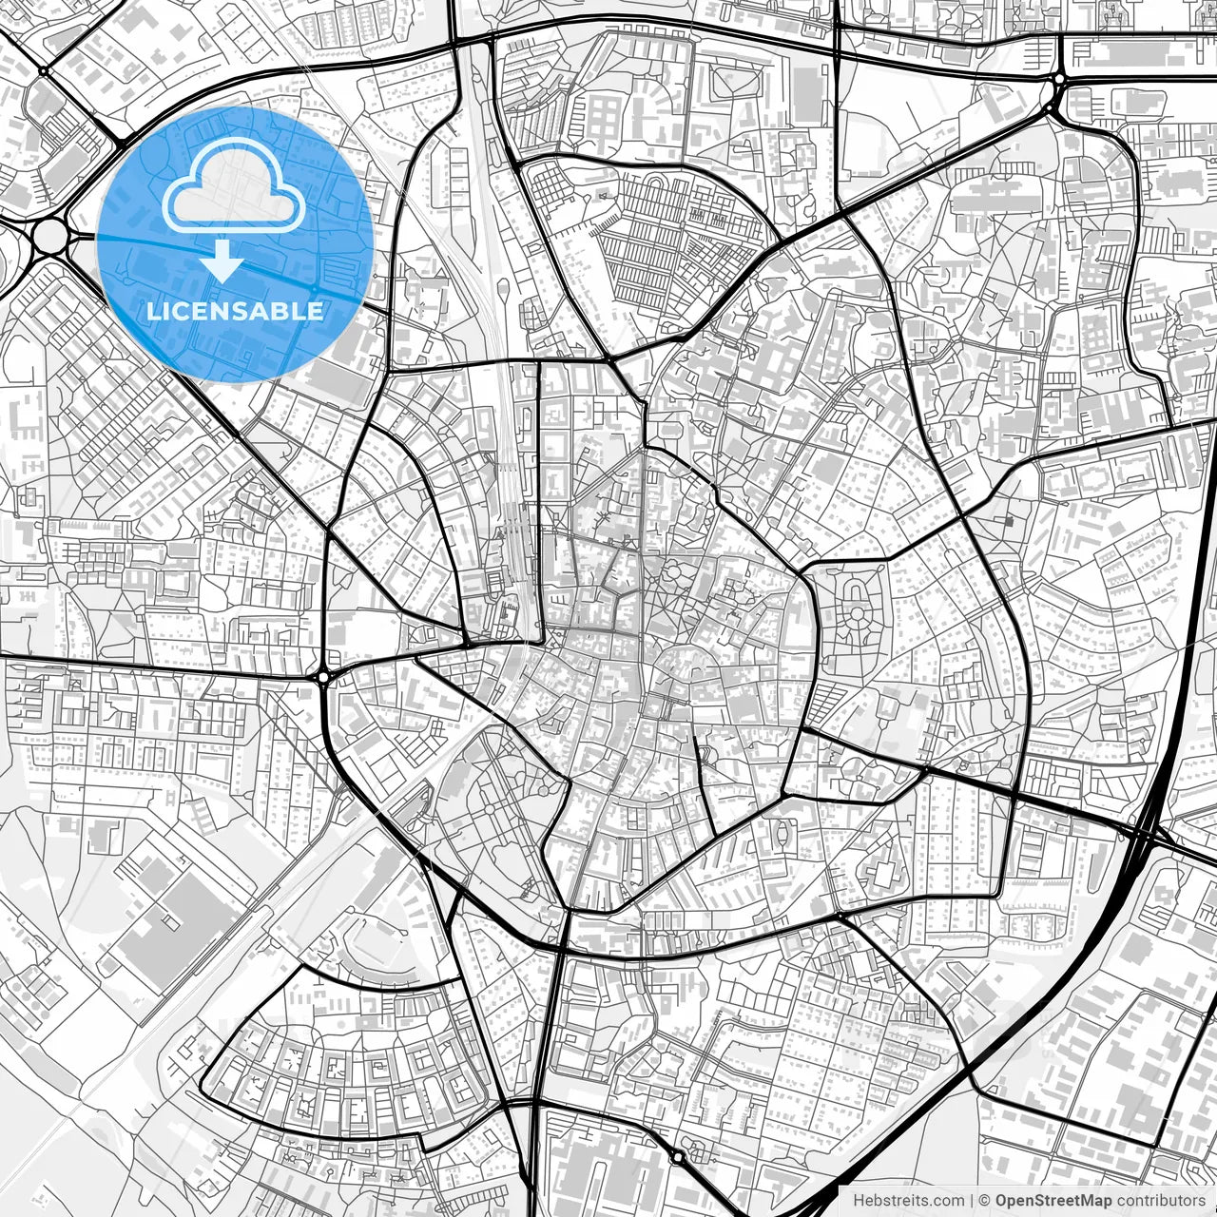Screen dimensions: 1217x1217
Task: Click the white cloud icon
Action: click(x=234, y=185)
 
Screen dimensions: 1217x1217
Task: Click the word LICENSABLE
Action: click(x=235, y=311)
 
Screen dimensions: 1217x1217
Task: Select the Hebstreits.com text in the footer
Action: click(x=908, y=1201)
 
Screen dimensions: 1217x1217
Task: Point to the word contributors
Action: click(x=1161, y=1201)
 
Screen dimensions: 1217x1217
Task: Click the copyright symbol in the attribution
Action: click(x=986, y=1201)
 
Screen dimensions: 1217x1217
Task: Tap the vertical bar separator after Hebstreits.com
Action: click(x=972, y=1201)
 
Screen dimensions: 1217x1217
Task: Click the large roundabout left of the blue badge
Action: click(x=48, y=233)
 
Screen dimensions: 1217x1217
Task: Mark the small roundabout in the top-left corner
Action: click(x=44, y=70)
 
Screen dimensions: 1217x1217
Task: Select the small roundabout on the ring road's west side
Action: click(x=324, y=677)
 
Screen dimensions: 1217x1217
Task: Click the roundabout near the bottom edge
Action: click(x=676, y=1157)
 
